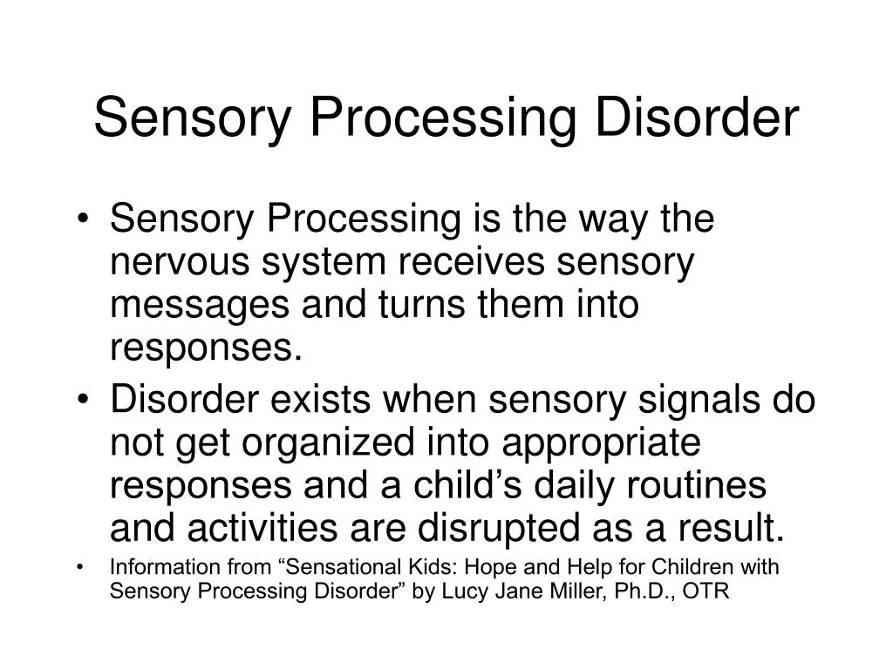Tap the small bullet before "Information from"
click(x=81, y=568)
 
